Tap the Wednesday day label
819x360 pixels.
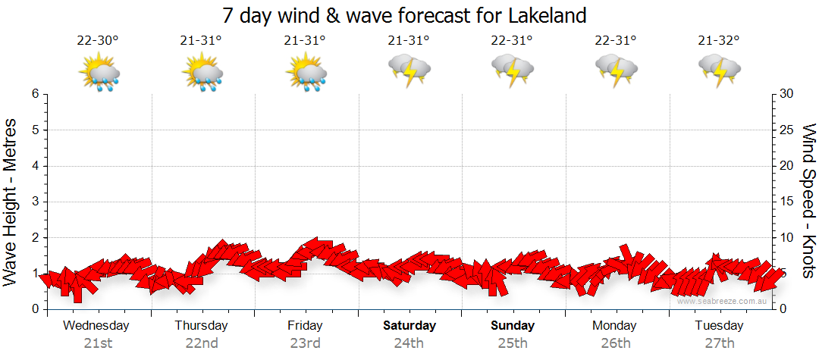pos(96,326)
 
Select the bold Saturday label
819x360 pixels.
pos(409,326)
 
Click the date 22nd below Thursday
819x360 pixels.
pos(202,343)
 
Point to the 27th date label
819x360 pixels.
pos(720,343)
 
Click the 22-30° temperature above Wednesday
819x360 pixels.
pos(98,41)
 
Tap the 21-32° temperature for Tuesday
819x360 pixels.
pos(719,41)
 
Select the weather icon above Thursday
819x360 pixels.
pos(202,73)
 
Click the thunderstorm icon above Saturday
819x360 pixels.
pos(409,70)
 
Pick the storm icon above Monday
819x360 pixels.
pos(617,70)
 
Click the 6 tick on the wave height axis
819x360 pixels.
pos(35,94)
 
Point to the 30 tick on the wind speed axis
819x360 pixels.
pos(786,94)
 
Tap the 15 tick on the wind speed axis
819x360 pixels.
pos(786,202)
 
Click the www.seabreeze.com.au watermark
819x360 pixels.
pos(723,301)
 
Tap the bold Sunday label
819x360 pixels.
pos(513,326)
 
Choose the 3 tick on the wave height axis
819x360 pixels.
pos(35,202)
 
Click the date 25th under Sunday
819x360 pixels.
pos(513,343)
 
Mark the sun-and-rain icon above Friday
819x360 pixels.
pos(306,73)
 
